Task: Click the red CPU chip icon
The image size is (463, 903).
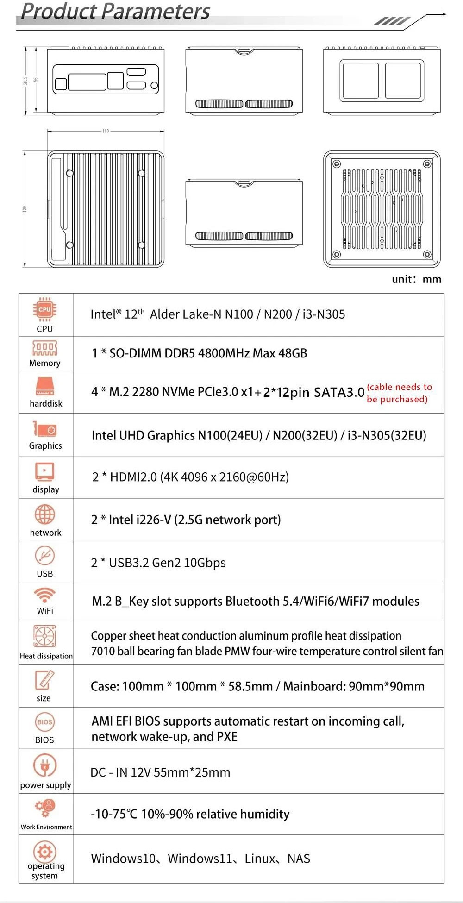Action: point(44,309)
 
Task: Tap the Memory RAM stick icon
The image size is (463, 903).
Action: point(44,348)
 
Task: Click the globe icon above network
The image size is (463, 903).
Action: point(45,514)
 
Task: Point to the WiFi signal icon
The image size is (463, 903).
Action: point(45,595)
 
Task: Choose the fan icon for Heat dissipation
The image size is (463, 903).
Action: point(45,636)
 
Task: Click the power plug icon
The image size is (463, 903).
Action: point(45,765)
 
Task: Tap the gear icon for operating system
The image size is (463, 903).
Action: point(45,851)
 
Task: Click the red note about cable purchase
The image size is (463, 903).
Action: point(399,393)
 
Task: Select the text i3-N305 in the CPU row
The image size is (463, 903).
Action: point(324,314)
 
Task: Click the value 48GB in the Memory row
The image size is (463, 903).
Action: point(293,353)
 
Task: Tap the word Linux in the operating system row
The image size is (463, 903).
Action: point(260,859)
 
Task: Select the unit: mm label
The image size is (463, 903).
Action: point(416,279)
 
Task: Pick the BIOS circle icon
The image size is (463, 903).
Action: point(44,722)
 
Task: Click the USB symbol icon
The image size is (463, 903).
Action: point(45,555)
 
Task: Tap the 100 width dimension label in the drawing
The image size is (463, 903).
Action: point(106,131)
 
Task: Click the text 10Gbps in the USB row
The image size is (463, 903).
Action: point(205,563)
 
